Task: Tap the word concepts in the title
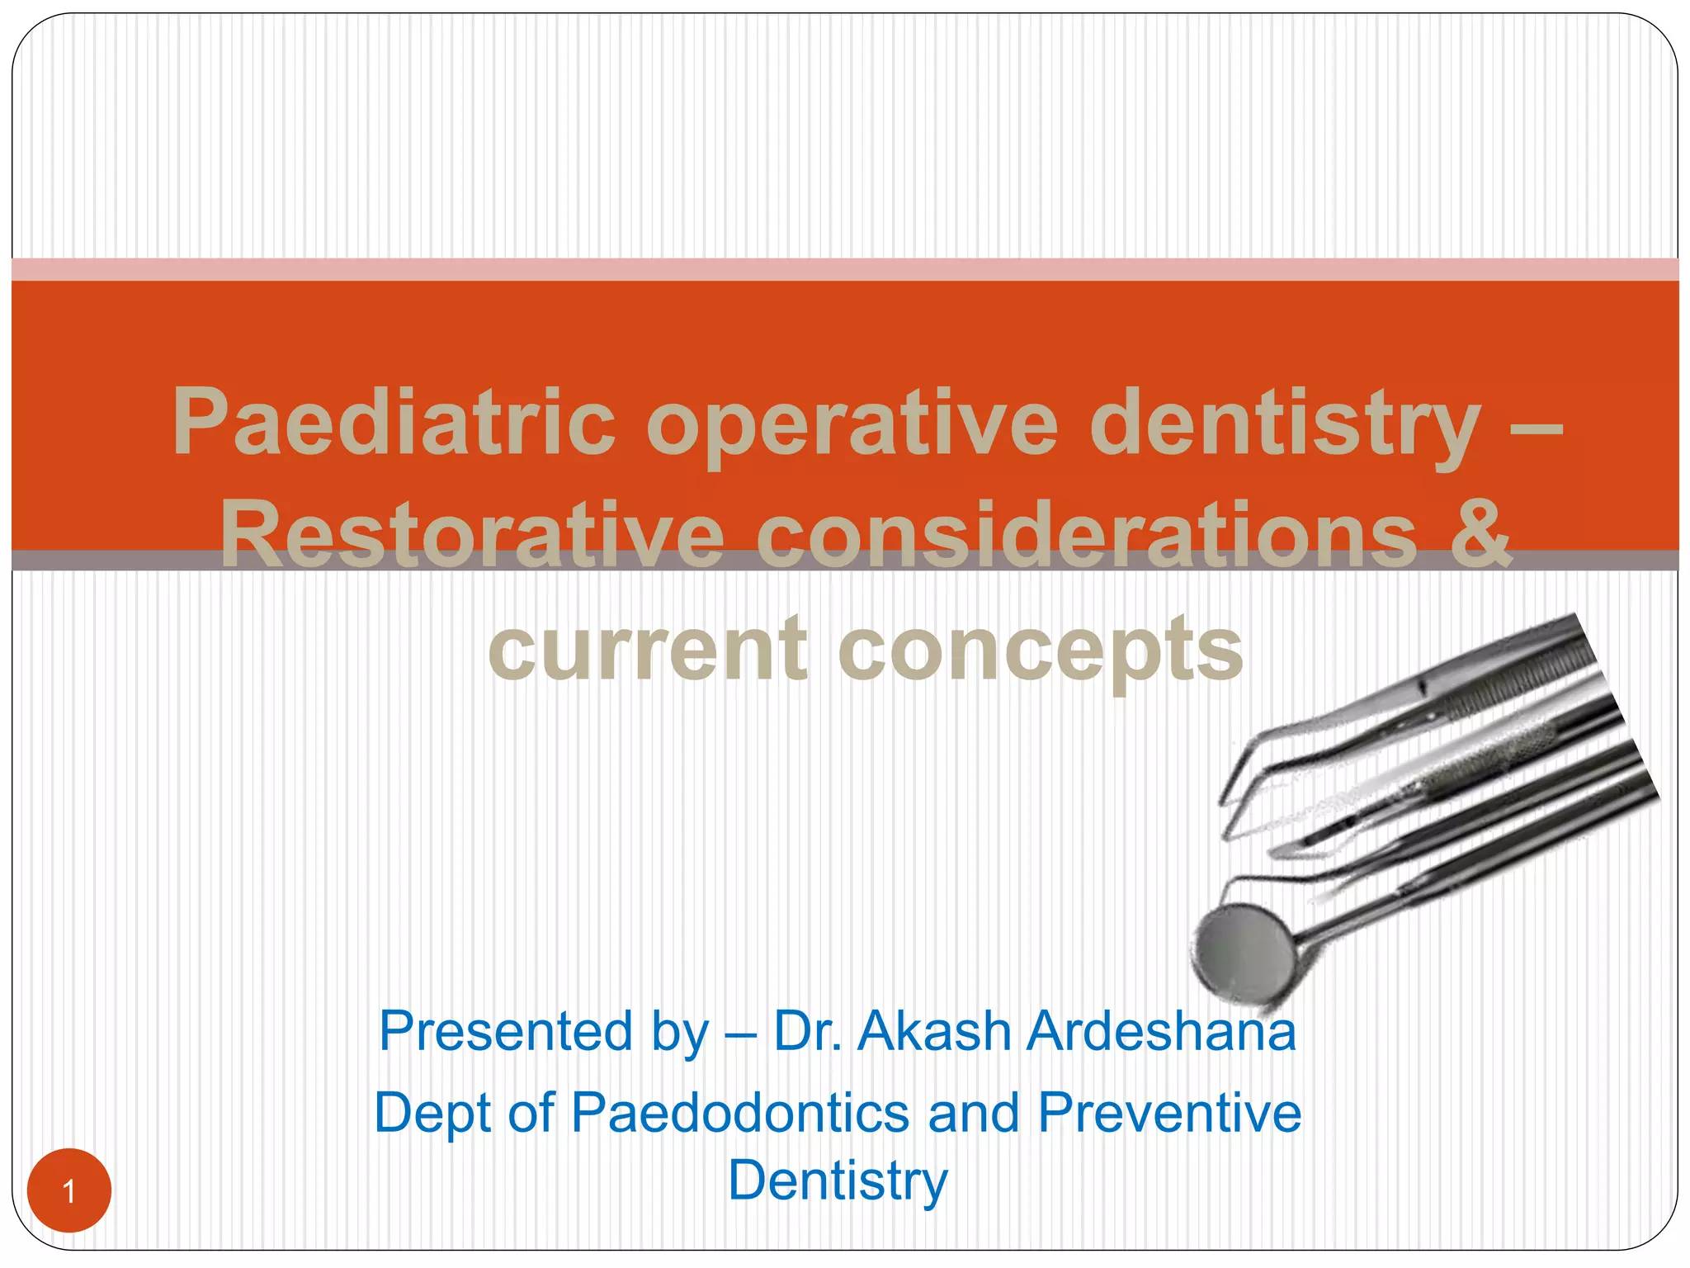(x=1040, y=652)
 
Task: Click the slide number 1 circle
(x=69, y=1190)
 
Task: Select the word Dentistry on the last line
(x=838, y=1180)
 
